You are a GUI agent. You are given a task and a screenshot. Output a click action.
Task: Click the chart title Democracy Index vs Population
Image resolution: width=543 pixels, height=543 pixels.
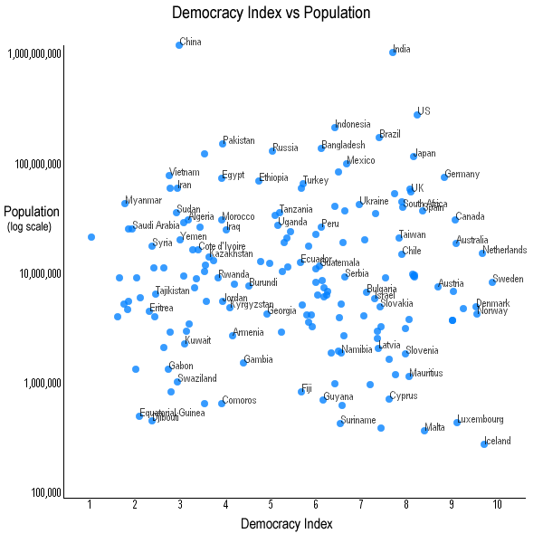(x=271, y=13)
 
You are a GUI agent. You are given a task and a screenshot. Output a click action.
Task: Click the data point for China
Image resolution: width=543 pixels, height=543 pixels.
(x=179, y=44)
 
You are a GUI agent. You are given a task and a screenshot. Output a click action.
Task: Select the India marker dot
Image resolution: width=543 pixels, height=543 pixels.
(x=393, y=52)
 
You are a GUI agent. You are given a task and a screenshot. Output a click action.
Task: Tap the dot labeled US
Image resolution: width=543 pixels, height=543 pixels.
(x=417, y=114)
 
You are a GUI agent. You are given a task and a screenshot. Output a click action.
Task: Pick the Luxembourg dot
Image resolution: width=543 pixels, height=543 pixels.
(x=457, y=422)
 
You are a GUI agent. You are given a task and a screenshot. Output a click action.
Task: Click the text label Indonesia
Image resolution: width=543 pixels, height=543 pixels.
(x=352, y=124)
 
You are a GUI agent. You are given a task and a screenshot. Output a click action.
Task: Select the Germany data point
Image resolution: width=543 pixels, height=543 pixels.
(x=444, y=176)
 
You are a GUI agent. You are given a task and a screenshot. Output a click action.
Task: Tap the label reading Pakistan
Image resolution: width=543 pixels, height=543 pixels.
(x=239, y=140)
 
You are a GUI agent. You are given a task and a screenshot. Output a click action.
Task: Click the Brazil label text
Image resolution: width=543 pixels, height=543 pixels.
(x=390, y=134)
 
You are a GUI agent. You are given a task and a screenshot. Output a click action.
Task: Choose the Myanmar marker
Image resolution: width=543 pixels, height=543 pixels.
(x=126, y=203)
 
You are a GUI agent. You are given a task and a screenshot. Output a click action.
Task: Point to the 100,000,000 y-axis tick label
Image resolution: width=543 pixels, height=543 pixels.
(x=35, y=164)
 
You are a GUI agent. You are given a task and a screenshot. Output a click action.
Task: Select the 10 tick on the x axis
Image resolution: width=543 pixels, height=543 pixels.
(x=497, y=504)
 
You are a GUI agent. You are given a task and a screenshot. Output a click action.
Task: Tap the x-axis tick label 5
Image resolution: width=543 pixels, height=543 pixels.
(x=271, y=504)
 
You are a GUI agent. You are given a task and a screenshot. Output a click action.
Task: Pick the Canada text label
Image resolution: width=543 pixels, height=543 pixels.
(x=470, y=216)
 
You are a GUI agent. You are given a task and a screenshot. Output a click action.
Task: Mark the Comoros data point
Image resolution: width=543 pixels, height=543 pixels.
(x=222, y=403)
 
